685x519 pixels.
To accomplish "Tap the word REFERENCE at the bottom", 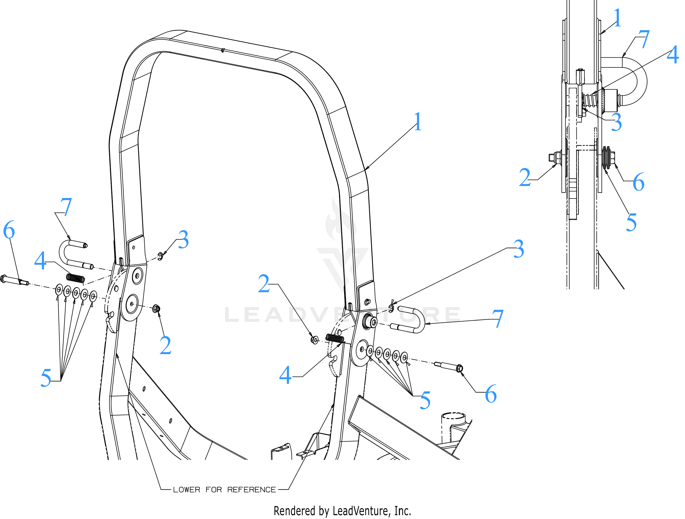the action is [251, 490].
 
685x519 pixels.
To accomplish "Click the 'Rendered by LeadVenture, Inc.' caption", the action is [342, 511].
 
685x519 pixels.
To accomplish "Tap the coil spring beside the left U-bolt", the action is [75, 278].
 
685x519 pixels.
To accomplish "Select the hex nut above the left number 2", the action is [156, 309].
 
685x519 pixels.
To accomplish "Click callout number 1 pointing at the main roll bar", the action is [418, 121].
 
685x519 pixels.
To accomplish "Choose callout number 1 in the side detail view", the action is [617, 17].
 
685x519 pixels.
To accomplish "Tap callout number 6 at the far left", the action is [9, 229].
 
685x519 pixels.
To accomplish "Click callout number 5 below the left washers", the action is [46, 378].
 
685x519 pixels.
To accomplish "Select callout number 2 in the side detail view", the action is [525, 177].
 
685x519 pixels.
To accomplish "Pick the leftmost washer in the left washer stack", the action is [59, 290].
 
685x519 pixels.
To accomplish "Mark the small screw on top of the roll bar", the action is [223, 50].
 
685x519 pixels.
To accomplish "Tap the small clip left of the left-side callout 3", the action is [160, 256].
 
